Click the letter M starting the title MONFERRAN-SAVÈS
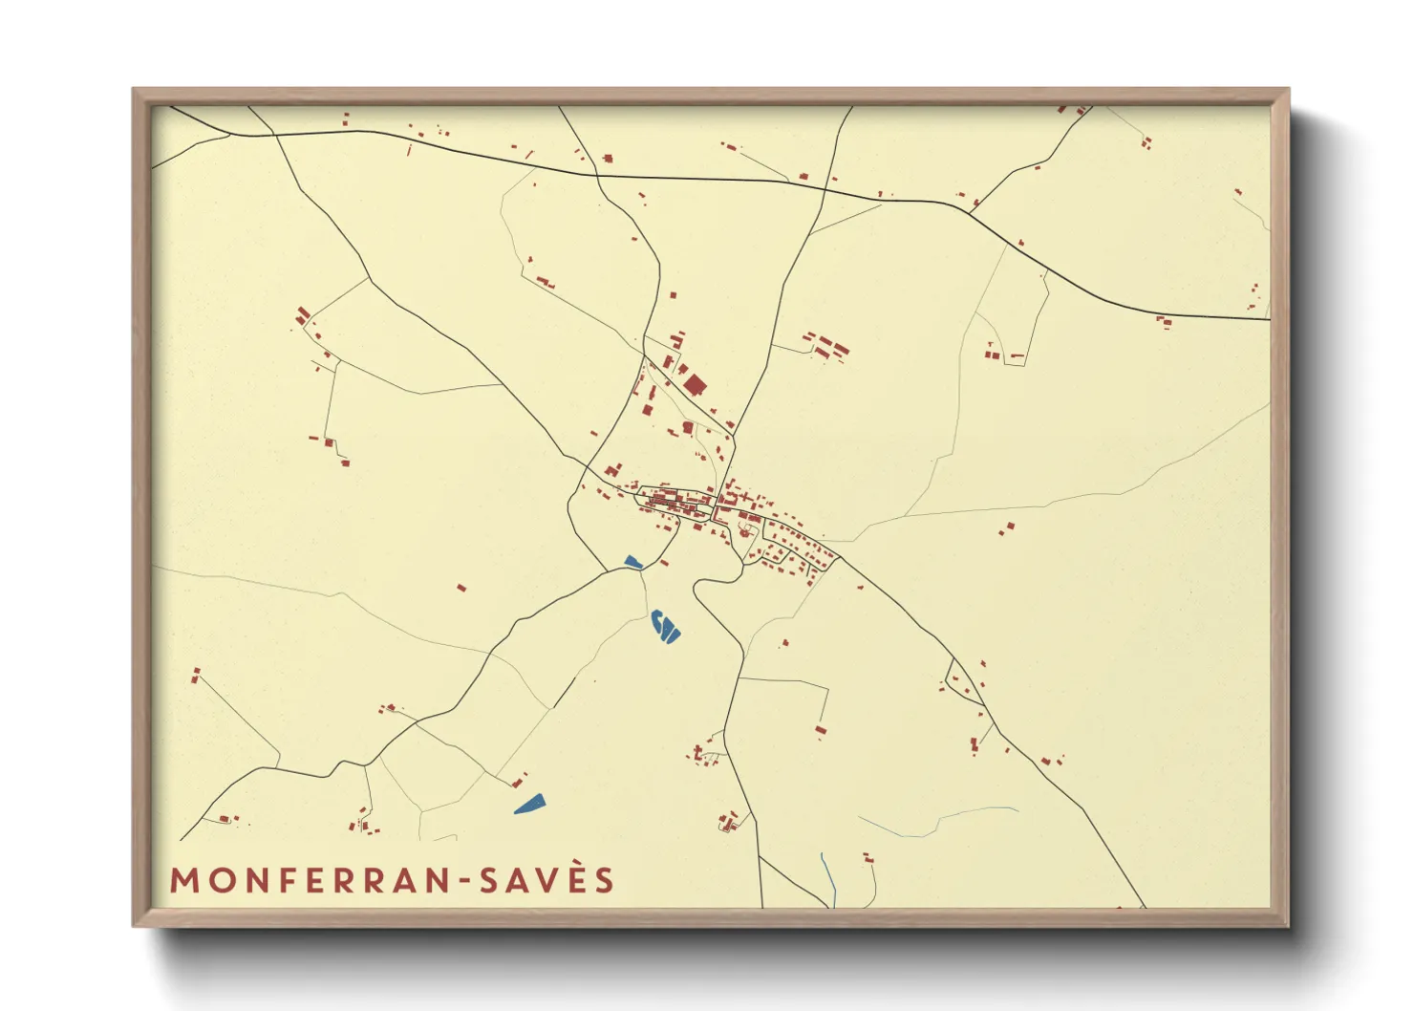[x=185, y=881]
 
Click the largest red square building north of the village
[x=695, y=385]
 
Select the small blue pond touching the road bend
[x=632, y=563]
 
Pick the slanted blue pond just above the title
[x=529, y=804]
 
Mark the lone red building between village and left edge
[x=461, y=588]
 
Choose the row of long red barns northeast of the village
[x=826, y=346]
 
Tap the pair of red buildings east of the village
[x=1007, y=527]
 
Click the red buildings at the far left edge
[x=196, y=675]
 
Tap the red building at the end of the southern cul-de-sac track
[x=820, y=731]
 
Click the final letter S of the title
[x=605, y=881]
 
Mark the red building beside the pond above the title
[x=519, y=783]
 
